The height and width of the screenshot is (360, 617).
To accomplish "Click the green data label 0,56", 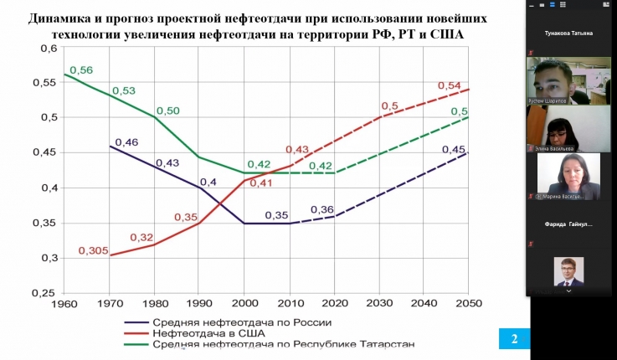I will [x=80, y=70].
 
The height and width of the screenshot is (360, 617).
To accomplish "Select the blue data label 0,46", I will [x=126, y=142].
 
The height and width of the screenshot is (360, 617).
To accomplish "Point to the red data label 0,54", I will [x=450, y=86].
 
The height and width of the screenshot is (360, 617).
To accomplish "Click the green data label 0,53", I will [x=123, y=90].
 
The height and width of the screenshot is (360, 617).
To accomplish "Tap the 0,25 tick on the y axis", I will [x=43, y=293].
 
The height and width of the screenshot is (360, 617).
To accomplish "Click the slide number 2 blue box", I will [x=514, y=338].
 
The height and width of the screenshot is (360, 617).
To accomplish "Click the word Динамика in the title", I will [x=63, y=18].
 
